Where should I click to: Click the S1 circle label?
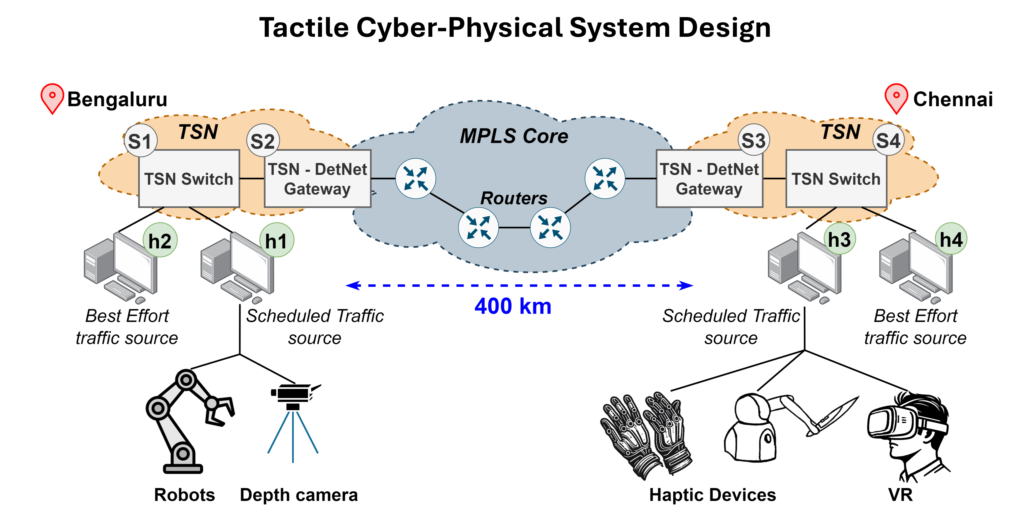click(x=140, y=141)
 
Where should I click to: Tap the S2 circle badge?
click(x=262, y=141)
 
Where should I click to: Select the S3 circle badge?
click(x=753, y=140)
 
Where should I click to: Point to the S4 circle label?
click(x=888, y=140)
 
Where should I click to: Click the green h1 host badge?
click(x=276, y=240)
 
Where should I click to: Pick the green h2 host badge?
click(x=160, y=240)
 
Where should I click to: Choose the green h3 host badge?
click(x=839, y=239)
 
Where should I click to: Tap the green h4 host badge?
click(x=951, y=239)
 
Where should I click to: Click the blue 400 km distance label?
click(x=513, y=306)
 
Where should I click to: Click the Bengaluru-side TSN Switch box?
click(x=189, y=179)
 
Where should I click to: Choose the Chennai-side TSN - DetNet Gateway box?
click(x=709, y=179)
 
